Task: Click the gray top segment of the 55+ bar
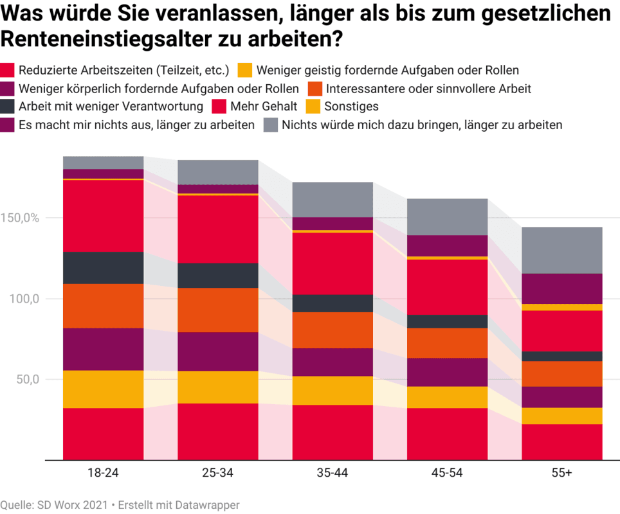coord(561,250)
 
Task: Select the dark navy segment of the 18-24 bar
coord(103,267)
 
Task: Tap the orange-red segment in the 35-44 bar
coord(333,330)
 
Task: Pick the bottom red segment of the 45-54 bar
coord(447,434)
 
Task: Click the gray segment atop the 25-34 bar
coord(217,172)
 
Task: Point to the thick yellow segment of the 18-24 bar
coord(103,389)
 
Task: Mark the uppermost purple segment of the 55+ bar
coord(561,288)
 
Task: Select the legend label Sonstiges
coord(352,106)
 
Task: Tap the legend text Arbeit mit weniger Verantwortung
coord(111,106)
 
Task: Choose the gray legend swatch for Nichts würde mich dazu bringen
coord(271,125)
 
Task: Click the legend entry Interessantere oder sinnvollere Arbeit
coord(428,88)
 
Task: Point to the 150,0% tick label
coord(22,218)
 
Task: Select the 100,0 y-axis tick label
coord(24,299)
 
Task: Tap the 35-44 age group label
coord(333,473)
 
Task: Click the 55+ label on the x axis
coord(561,473)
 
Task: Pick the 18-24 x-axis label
coord(103,473)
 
